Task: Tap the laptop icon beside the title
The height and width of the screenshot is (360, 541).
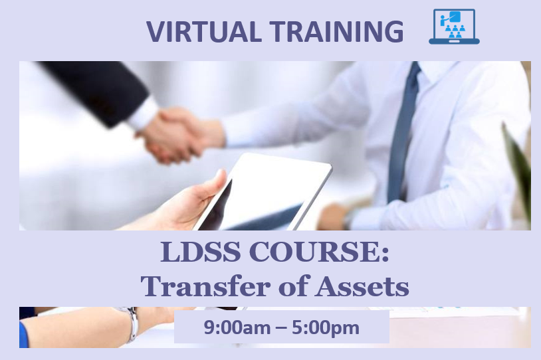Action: [x=454, y=27]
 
